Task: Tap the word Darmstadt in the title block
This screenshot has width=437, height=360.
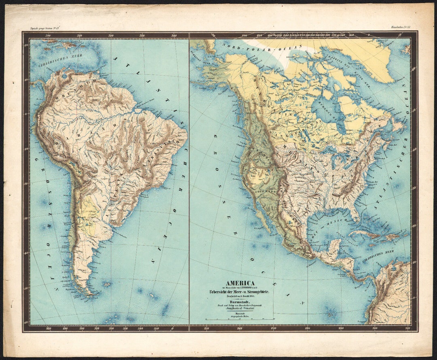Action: [x=240, y=301]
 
